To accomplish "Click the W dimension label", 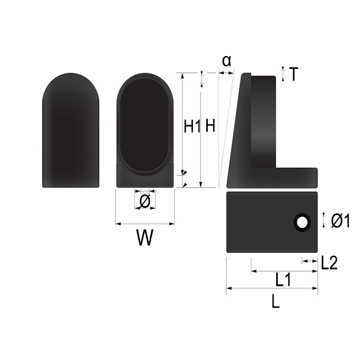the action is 145,238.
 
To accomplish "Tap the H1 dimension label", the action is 192,126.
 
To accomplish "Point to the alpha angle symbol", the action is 227,61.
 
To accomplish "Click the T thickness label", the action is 294,74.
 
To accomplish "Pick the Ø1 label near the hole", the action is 340,221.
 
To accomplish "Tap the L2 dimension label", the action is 329,263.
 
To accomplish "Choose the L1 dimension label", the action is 283,280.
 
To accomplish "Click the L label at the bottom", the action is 276,301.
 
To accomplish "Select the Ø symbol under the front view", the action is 145,202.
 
